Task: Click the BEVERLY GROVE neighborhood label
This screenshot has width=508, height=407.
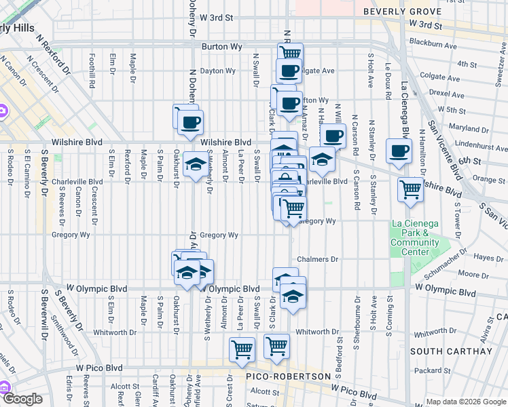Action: (x=403, y=12)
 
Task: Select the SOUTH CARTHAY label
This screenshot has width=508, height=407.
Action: (x=460, y=351)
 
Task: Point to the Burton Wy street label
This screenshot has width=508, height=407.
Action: (x=218, y=47)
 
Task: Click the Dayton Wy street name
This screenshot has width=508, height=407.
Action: (x=217, y=71)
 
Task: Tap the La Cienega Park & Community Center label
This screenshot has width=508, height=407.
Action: (x=415, y=237)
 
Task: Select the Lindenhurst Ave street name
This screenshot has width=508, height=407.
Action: (x=463, y=144)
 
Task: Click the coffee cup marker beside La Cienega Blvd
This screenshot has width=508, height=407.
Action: (x=399, y=151)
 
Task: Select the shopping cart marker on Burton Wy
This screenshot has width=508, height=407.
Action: (x=290, y=53)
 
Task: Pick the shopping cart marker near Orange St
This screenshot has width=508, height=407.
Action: (x=411, y=190)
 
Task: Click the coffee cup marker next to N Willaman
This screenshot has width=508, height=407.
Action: (x=333, y=136)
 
